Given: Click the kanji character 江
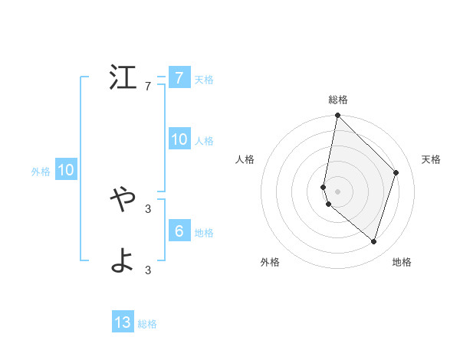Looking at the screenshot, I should click(123, 77).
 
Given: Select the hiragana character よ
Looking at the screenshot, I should click(123, 261).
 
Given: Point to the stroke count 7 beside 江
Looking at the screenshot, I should click(148, 87).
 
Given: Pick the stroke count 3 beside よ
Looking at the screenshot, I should click(148, 270).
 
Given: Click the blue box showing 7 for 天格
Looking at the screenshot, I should click(179, 77).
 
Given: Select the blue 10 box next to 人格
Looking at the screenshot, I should click(179, 139).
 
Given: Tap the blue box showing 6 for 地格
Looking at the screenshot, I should click(179, 231).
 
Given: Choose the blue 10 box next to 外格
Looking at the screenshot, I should click(65, 170).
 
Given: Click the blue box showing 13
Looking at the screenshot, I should click(123, 322).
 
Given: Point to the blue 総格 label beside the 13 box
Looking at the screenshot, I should click(147, 324).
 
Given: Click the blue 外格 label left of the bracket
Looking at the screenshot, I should click(41, 172).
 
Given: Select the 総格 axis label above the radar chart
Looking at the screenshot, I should click(338, 100).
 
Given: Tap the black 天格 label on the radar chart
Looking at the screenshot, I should click(432, 159).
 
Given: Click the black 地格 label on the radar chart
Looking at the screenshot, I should click(402, 262).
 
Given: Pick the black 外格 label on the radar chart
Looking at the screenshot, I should click(270, 262).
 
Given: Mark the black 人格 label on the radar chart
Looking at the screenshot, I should click(245, 159).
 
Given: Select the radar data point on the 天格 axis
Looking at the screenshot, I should click(396, 172).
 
